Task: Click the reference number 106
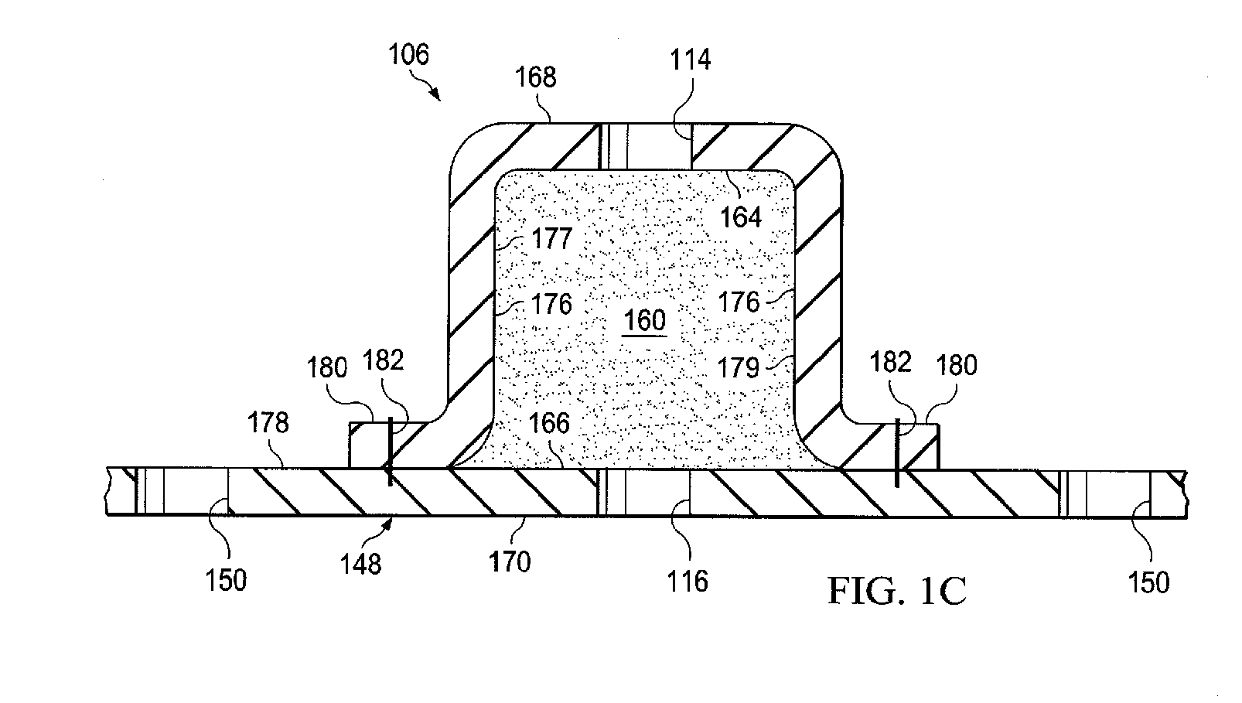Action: [x=409, y=55]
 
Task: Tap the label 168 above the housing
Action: [x=536, y=77]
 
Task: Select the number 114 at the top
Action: [x=690, y=59]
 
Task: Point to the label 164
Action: [x=741, y=217]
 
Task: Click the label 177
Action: [x=551, y=238]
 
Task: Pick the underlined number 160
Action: [x=644, y=320]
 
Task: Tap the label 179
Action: [x=739, y=367]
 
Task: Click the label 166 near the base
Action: [x=549, y=423]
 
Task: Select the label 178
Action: [x=268, y=422]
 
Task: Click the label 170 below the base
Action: [x=510, y=561]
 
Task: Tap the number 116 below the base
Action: [x=688, y=580]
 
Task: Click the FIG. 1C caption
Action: [x=897, y=592]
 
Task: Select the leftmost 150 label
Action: [x=226, y=580]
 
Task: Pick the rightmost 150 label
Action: [x=1148, y=582]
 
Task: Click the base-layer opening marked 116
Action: [x=645, y=493]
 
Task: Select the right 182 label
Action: [x=891, y=362]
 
